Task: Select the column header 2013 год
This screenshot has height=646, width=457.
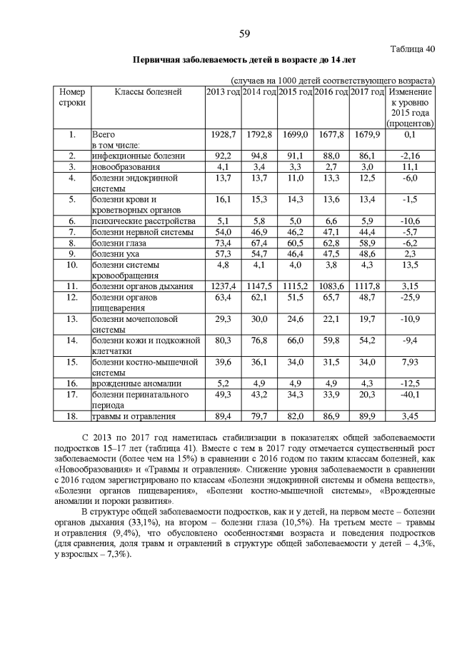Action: coord(223,92)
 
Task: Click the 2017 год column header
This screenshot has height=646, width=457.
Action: coord(368,92)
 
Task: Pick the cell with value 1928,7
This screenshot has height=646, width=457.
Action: coord(223,134)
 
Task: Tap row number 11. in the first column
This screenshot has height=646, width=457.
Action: coord(72,286)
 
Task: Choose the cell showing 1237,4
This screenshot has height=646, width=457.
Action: coord(223,286)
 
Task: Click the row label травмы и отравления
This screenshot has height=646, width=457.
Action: coord(134,415)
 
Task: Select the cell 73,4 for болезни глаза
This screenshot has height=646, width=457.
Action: coord(223,243)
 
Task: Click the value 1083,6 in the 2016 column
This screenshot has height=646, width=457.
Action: coord(331,286)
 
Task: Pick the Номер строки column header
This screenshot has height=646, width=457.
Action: coord(72,97)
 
